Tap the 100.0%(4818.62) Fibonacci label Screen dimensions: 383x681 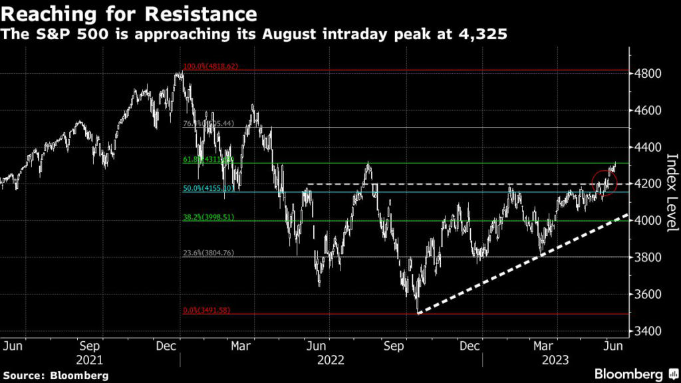point(210,67)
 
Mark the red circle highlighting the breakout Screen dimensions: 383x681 point(605,182)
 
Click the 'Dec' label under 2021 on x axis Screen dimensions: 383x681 point(165,346)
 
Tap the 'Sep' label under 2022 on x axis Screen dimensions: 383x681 point(397,346)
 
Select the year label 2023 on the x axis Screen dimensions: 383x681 point(555,359)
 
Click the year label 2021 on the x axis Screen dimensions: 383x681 point(90,359)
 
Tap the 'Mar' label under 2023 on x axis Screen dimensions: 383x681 point(544,346)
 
